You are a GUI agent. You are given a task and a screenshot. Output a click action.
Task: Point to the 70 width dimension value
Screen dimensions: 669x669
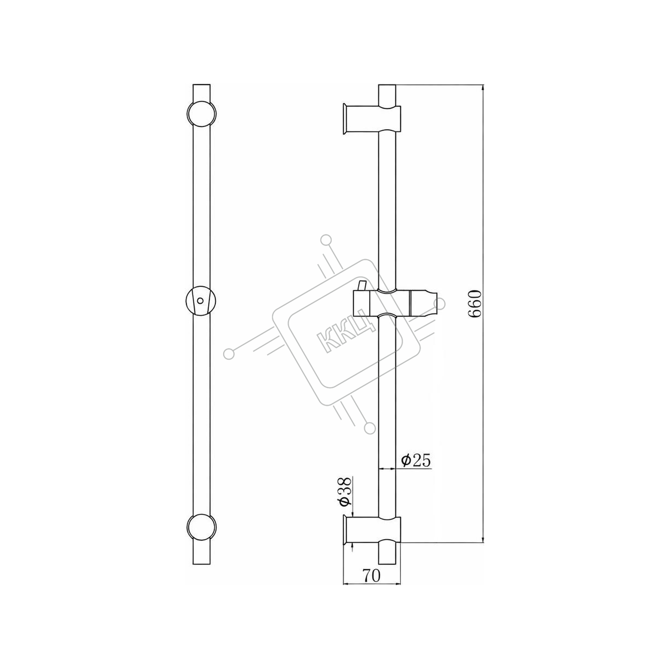(372, 575)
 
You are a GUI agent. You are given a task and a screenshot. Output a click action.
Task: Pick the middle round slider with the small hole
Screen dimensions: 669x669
(201, 301)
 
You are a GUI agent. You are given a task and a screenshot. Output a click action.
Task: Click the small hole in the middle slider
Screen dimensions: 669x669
(200, 301)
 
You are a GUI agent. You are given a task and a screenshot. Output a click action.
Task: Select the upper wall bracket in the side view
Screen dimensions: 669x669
(372, 119)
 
